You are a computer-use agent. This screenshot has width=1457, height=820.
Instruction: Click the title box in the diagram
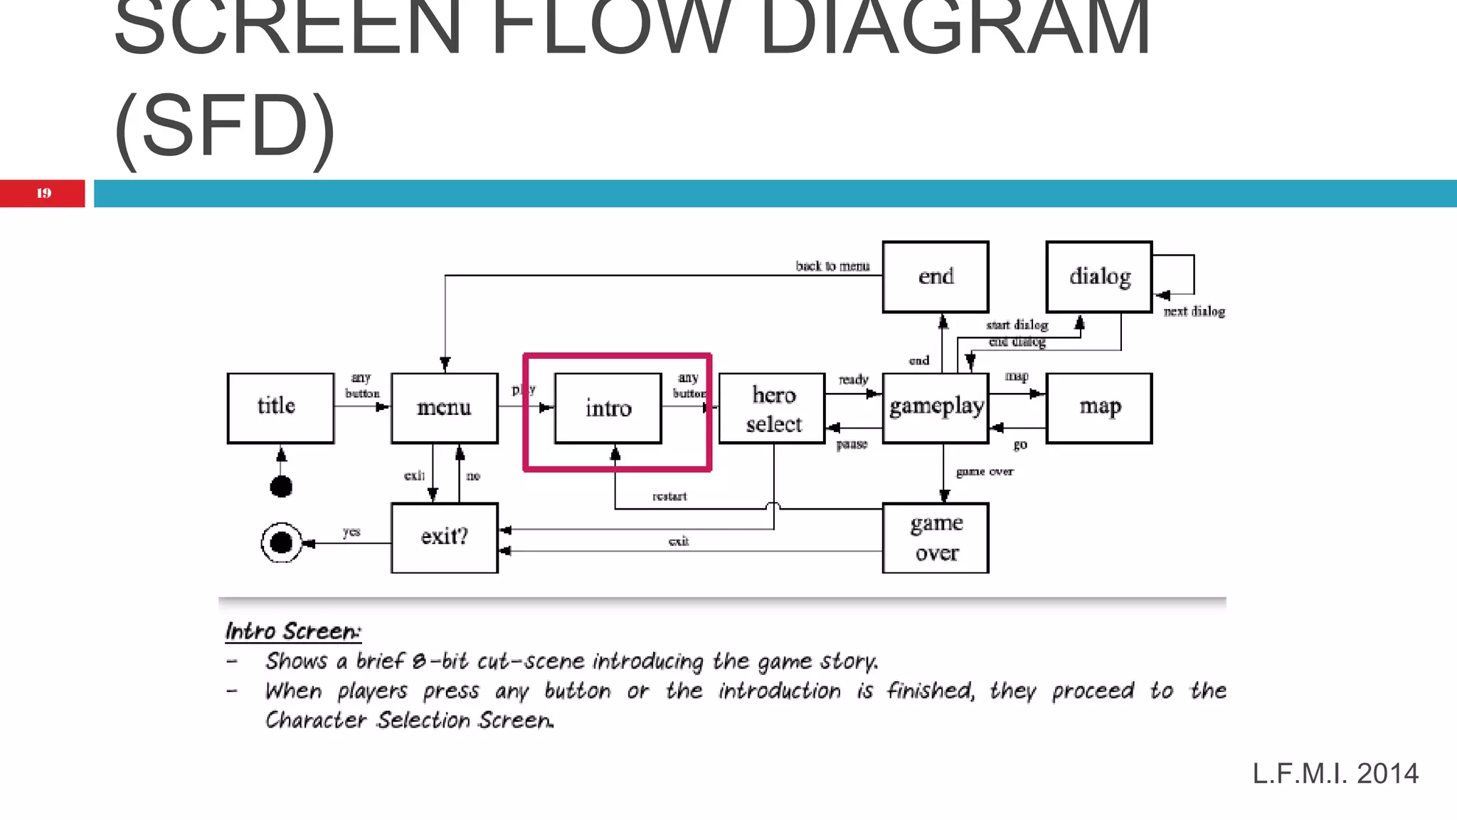[x=280, y=408]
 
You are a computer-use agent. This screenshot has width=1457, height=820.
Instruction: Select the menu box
[x=444, y=408]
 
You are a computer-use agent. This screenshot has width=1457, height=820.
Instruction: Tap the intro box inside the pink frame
[x=608, y=409]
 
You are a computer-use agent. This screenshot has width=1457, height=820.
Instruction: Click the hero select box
[x=772, y=409]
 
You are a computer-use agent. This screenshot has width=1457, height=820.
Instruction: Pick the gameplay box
[x=936, y=408]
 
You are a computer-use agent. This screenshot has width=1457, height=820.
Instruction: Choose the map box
[x=1099, y=408]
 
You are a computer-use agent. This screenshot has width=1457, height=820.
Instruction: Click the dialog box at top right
[x=1099, y=276]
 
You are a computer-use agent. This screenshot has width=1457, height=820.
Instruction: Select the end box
[x=936, y=276]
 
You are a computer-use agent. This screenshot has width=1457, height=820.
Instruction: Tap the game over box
[x=936, y=538]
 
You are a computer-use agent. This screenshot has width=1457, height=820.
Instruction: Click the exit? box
[x=444, y=537]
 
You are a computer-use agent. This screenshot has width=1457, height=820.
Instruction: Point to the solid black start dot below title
[x=281, y=487]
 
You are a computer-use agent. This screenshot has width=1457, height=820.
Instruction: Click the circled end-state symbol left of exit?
[x=281, y=543]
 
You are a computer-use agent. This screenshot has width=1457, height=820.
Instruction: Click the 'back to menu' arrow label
[x=832, y=266]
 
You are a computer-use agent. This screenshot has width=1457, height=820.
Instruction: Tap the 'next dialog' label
[x=1194, y=312]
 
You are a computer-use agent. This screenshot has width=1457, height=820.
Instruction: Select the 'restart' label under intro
[x=669, y=496]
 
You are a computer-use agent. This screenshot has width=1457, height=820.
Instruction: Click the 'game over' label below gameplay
[x=985, y=471]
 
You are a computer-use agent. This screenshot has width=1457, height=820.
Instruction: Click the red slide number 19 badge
[x=43, y=193]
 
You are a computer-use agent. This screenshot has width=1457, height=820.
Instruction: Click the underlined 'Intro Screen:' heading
[x=293, y=631]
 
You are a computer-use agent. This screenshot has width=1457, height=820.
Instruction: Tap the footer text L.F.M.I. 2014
[x=1335, y=774]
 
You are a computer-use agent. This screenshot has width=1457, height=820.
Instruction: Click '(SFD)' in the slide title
[x=224, y=127]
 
